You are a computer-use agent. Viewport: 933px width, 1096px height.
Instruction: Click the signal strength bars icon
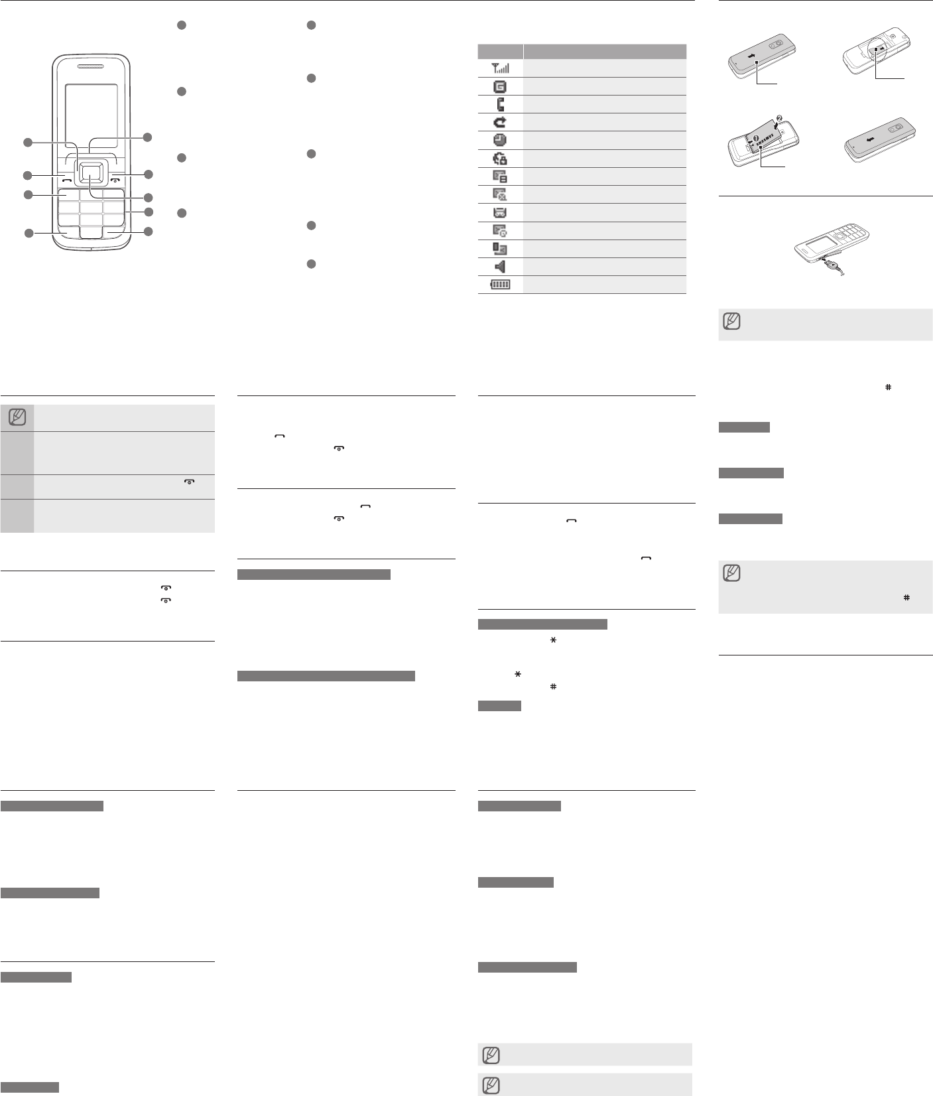pos(501,68)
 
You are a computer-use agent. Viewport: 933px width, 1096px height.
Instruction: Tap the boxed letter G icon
pos(501,86)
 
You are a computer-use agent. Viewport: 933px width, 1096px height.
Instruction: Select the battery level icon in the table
pos(501,285)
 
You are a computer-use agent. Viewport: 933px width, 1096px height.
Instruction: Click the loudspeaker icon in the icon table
pos(501,267)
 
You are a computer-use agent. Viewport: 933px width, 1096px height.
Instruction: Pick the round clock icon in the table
pos(501,140)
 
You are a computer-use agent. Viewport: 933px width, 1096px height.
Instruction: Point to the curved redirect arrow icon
pos(501,122)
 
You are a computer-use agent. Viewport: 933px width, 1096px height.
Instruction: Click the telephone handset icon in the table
pos(501,104)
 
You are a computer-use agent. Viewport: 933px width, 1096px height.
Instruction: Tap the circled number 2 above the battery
pos(779,119)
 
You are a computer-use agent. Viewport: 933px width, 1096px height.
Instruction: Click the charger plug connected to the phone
pos(828,264)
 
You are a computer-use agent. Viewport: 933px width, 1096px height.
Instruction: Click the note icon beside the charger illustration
pos(732,322)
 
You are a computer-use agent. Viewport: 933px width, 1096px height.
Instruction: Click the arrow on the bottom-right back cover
pos(868,139)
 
